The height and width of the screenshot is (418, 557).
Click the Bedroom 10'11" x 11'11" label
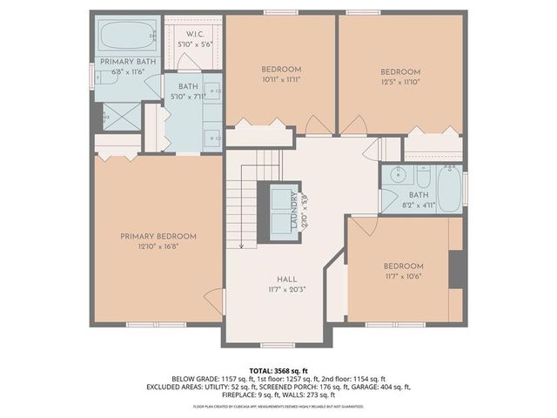point(280,70)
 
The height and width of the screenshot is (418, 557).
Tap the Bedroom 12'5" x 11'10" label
point(400,72)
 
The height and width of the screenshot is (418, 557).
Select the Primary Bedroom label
point(158,236)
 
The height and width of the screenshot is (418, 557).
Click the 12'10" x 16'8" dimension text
point(158,247)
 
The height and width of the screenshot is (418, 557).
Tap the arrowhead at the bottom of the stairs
point(241,246)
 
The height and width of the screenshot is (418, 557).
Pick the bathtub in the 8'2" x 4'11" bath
point(449,189)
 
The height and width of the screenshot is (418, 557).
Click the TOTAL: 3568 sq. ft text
point(278,371)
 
